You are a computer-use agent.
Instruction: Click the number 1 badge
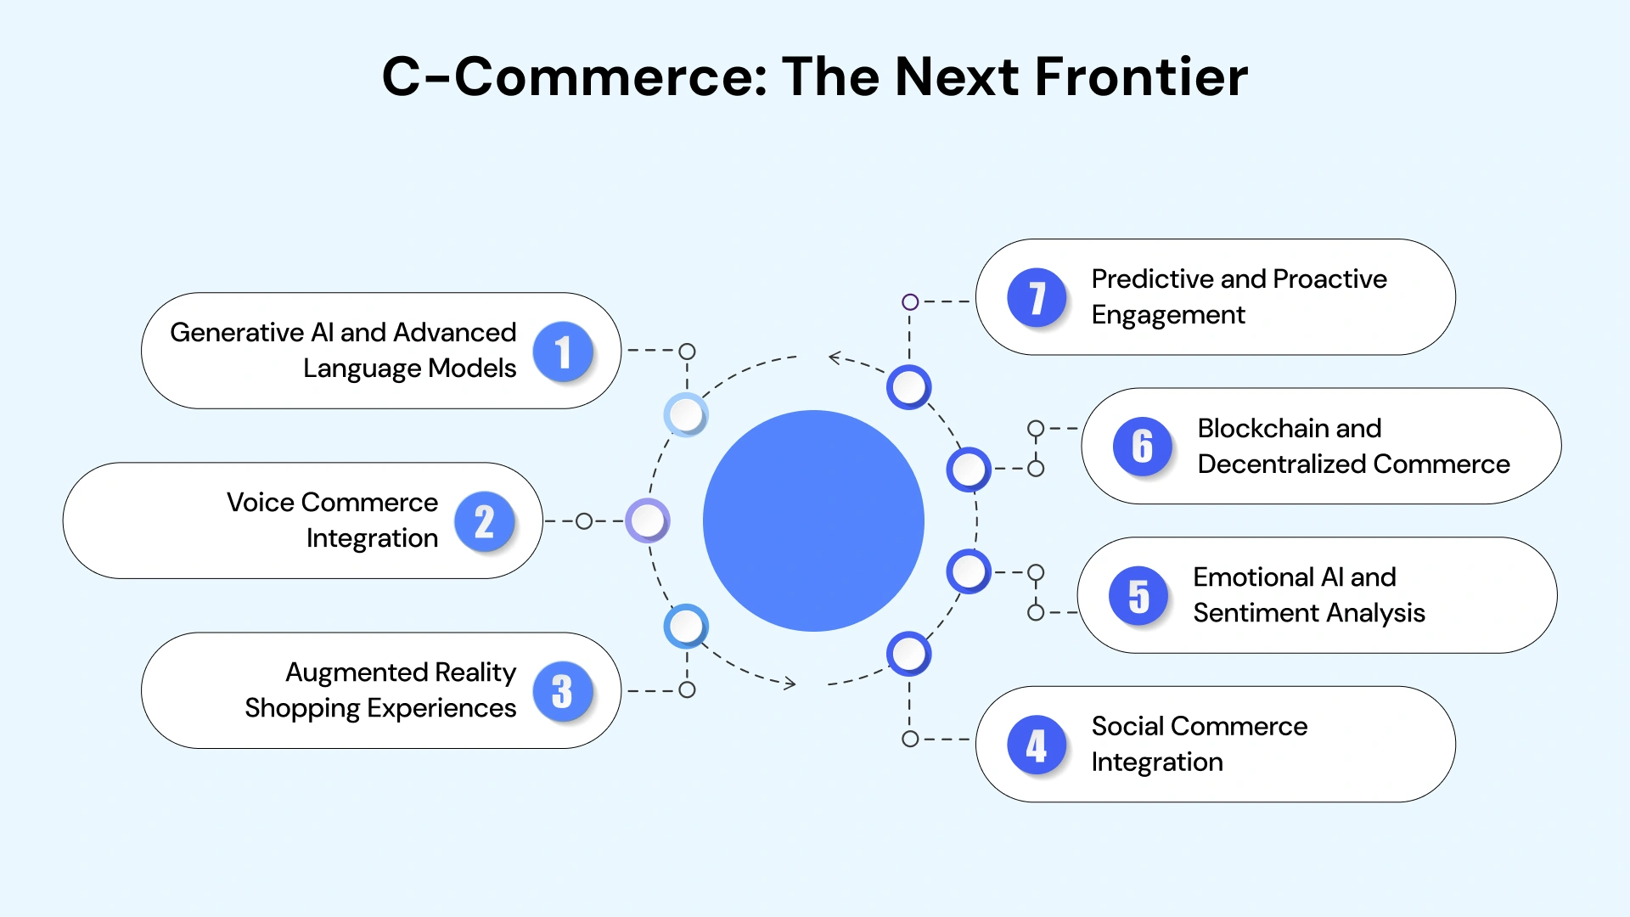pyautogui.click(x=562, y=352)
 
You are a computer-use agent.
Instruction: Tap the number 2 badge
pyautogui.click(x=484, y=521)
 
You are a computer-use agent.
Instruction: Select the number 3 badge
pyautogui.click(x=562, y=691)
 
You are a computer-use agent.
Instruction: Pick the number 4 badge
pyautogui.click(x=1036, y=745)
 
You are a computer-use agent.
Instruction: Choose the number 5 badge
pyautogui.click(x=1138, y=596)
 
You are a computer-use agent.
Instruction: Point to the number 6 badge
pyautogui.click(x=1142, y=447)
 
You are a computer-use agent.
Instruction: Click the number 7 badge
pyautogui.click(x=1036, y=298)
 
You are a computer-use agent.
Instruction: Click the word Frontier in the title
pyautogui.click(x=1141, y=76)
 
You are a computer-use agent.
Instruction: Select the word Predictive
pyautogui.click(x=1153, y=278)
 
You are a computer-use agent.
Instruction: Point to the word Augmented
pyautogui.click(x=357, y=672)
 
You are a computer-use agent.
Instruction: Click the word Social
pyautogui.click(x=1127, y=726)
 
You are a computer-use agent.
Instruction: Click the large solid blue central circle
pyautogui.click(x=813, y=520)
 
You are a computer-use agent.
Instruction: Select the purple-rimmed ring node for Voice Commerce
pyautogui.click(x=648, y=520)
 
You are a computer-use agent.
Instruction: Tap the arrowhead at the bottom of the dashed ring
pyautogui.click(x=790, y=684)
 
